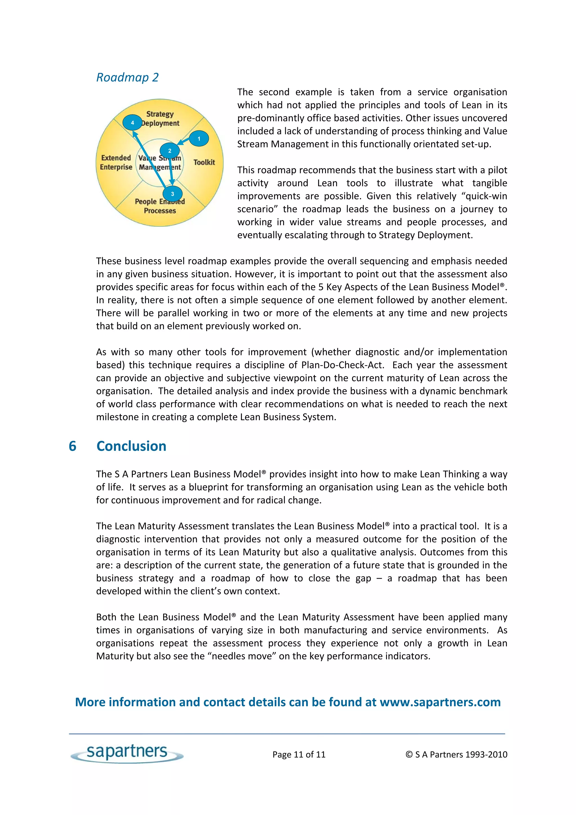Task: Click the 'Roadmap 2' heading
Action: point(127,77)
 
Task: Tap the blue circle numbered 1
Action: point(199,139)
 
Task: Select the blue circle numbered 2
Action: point(170,151)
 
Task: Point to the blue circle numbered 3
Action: point(172,194)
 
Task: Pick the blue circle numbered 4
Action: point(132,123)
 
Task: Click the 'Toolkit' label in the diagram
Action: point(204,162)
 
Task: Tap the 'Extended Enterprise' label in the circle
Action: point(116,162)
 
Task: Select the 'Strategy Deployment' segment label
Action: point(160,118)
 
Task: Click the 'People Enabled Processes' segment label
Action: point(160,206)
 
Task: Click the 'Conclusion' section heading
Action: point(131,446)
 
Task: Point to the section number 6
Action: point(72,446)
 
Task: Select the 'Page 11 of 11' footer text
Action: point(299,755)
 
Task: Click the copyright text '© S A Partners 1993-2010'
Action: point(456,755)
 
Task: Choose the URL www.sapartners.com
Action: point(440,702)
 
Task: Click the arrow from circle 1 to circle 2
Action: point(184,142)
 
